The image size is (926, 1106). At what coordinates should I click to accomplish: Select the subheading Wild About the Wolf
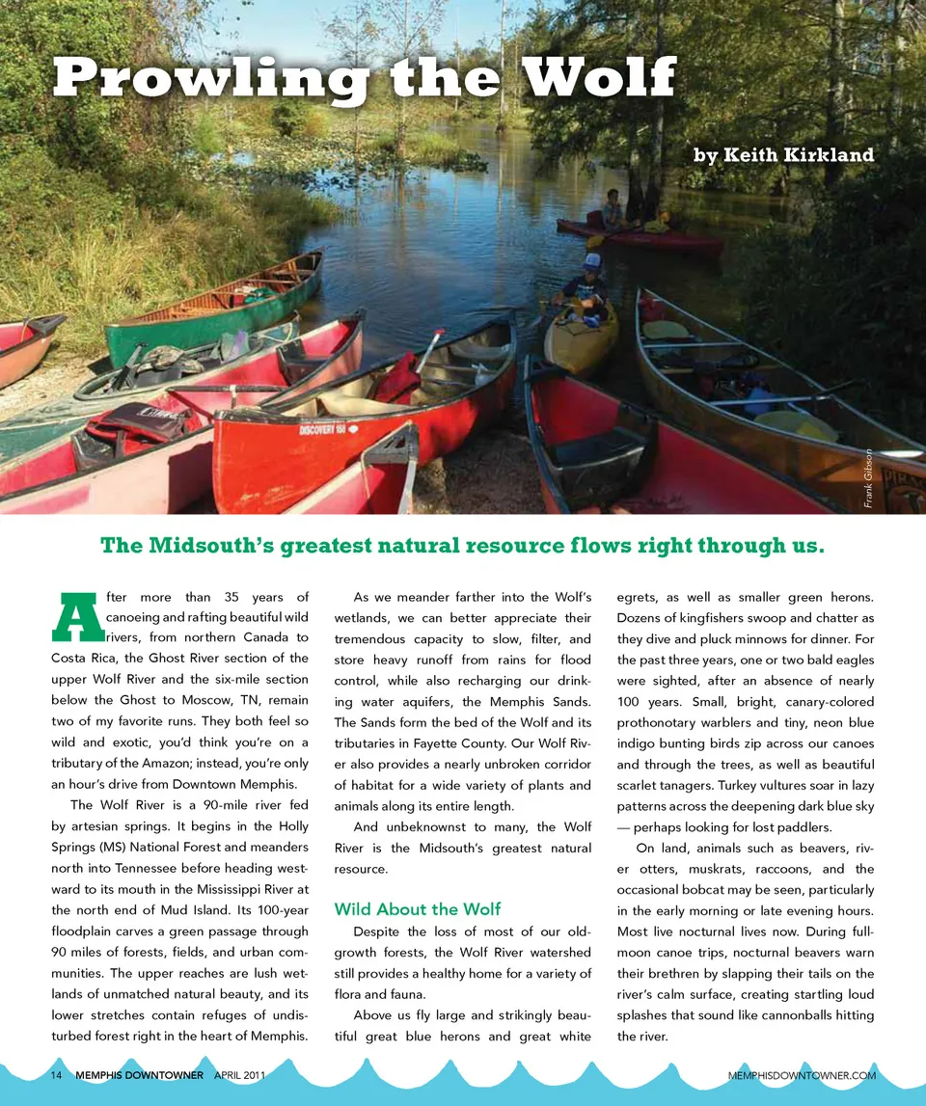click(x=417, y=908)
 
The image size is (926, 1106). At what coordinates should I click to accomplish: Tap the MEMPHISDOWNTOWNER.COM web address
click(x=803, y=1074)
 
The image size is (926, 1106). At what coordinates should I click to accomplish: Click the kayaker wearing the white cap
click(x=586, y=283)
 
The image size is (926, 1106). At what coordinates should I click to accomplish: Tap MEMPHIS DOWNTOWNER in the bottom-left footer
click(x=139, y=1074)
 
